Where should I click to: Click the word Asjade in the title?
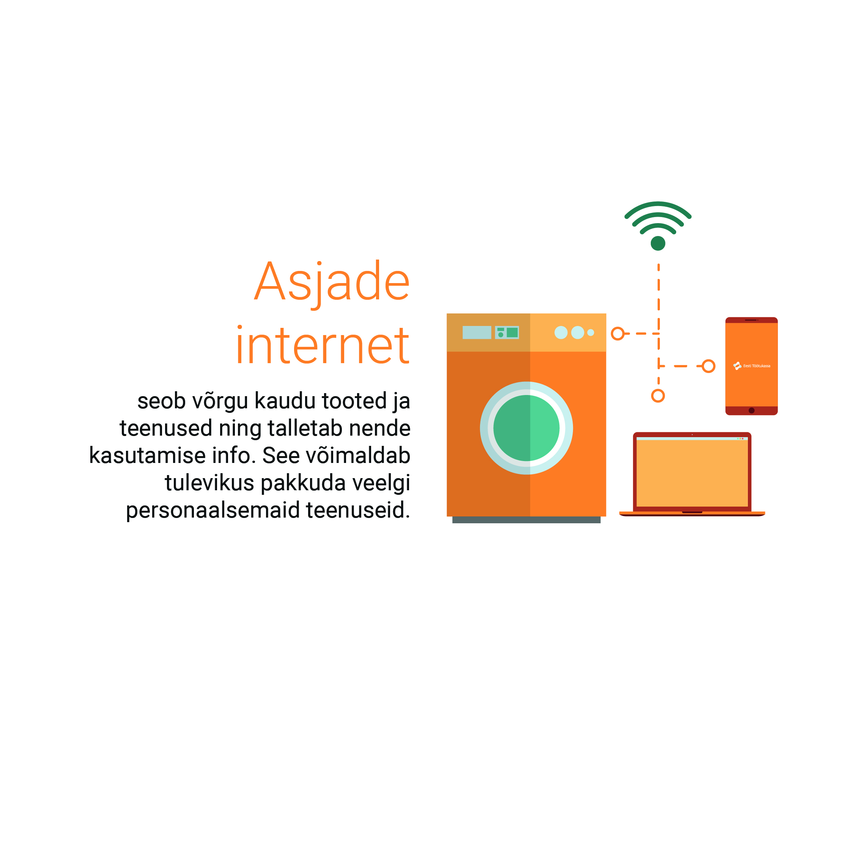point(332,284)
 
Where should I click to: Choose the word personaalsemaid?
point(213,511)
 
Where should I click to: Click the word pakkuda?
point(303,483)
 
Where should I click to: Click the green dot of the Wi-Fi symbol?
point(658,243)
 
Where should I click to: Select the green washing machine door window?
point(526,428)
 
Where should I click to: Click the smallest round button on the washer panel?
point(590,332)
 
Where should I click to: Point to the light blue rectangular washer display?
point(477,332)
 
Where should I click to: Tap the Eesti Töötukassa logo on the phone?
point(752,366)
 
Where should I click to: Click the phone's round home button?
point(751,411)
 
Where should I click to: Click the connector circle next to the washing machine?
point(618,333)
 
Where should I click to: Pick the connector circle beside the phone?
point(708,366)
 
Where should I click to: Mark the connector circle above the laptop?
point(658,396)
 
